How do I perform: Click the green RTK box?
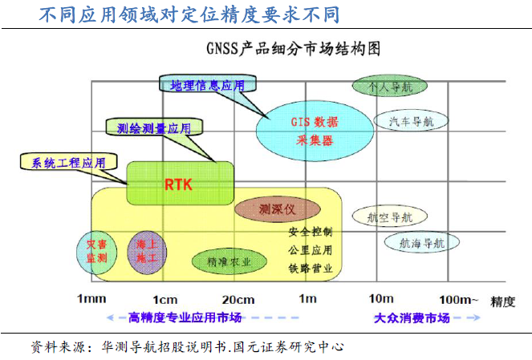click(180, 184)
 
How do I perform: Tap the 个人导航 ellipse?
click(389, 86)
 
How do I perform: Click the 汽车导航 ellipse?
click(411, 122)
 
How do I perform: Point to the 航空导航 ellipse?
click(389, 216)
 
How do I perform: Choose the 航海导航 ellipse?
click(422, 242)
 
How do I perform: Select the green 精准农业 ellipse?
click(229, 261)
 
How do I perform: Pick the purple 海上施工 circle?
click(147, 251)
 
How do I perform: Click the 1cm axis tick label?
click(164, 299)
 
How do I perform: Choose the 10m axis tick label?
click(381, 299)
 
